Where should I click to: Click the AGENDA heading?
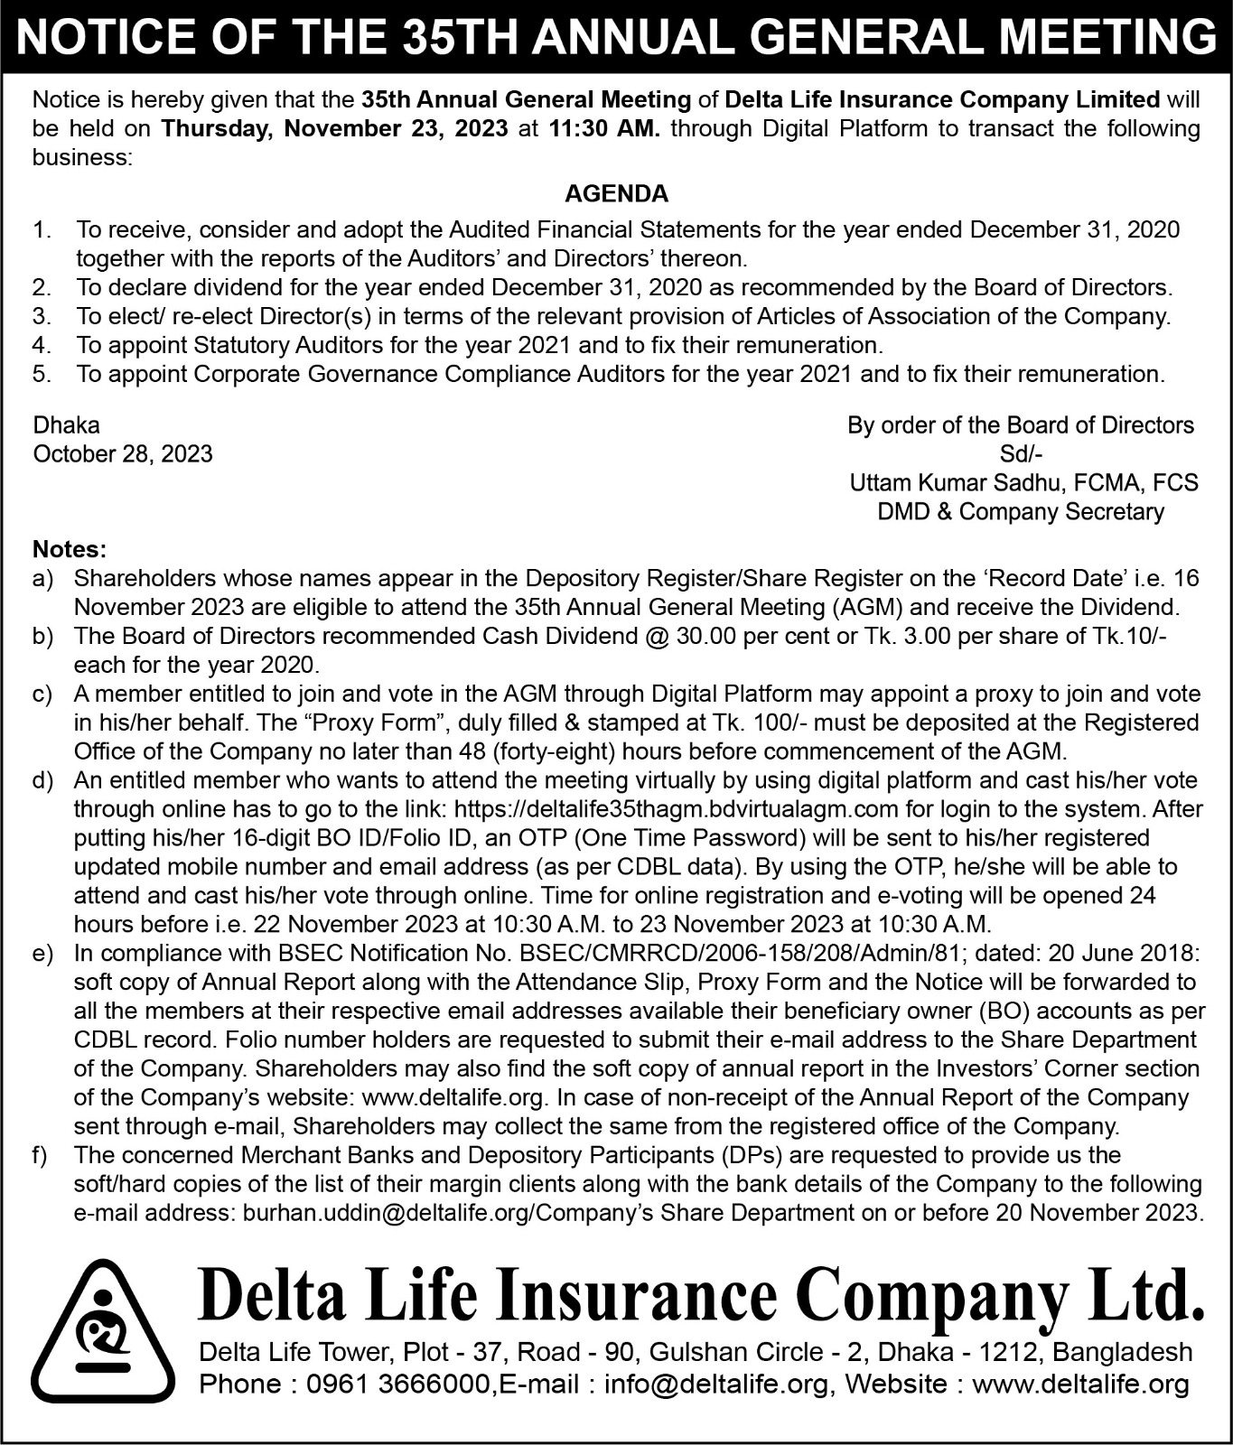click(x=616, y=193)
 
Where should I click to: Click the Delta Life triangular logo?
click(x=103, y=1331)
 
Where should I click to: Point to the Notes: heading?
click(x=70, y=549)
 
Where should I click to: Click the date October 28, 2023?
click(x=123, y=453)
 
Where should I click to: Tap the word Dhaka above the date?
click(x=67, y=424)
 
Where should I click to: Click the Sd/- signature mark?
click(x=1021, y=453)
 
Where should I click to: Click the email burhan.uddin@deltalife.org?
click(x=388, y=1213)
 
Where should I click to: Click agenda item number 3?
click(x=42, y=316)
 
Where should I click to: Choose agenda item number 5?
click(x=42, y=374)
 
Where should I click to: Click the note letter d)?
click(x=42, y=780)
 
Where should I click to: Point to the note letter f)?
click(x=41, y=1155)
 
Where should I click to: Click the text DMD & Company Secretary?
click(x=1021, y=512)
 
